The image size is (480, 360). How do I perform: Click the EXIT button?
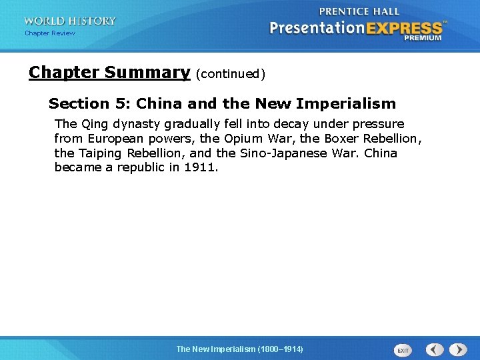[x=403, y=350]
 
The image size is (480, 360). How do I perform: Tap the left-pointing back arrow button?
[x=435, y=349]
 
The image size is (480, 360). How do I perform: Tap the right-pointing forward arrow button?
[x=458, y=349]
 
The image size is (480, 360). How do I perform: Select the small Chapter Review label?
[x=50, y=33]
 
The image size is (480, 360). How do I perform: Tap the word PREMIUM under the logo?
[x=423, y=38]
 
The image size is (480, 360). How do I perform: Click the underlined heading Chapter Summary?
[x=109, y=72]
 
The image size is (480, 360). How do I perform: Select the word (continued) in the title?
[x=231, y=74]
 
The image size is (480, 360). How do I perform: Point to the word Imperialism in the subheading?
[x=350, y=103]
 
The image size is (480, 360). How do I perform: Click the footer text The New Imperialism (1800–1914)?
[x=239, y=349]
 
